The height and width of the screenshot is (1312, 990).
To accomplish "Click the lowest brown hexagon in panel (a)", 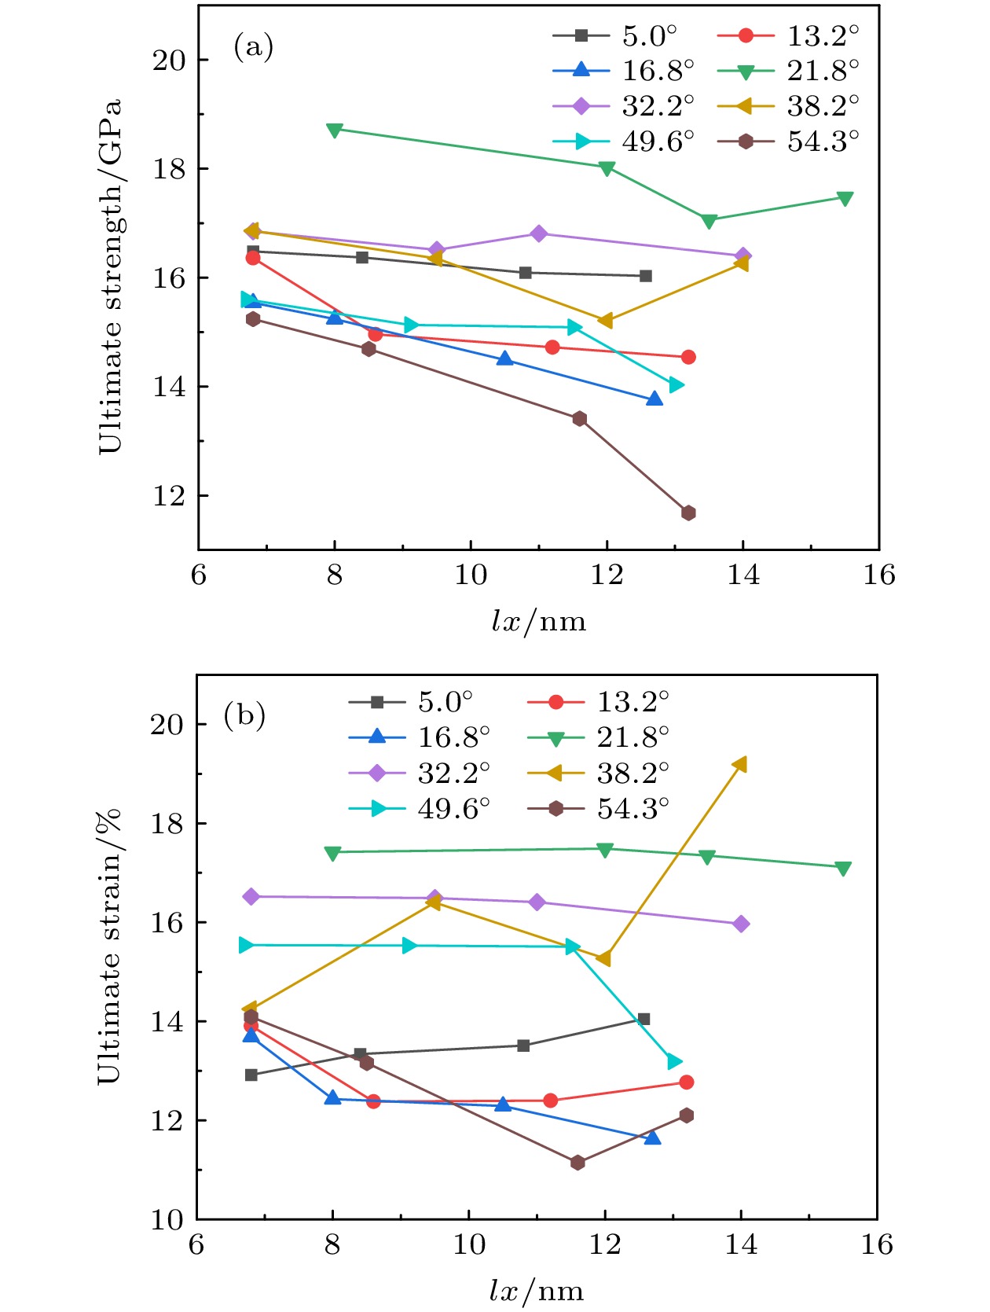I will [x=688, y=513].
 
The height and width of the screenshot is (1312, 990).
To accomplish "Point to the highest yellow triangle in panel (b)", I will [x=739, y=765].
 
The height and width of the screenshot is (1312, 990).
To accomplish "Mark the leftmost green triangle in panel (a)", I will [x=335, y=130].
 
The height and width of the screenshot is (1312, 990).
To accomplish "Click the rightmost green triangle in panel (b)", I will [x=843, y=869].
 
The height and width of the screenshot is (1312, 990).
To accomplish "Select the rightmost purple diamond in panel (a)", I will [x=742, y=256].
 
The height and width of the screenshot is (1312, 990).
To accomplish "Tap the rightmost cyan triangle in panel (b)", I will [x=674, y=1062].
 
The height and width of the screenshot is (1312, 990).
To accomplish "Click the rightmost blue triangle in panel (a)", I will [x=654, y=399].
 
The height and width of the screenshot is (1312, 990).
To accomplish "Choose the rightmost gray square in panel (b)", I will [x=643, y=1019].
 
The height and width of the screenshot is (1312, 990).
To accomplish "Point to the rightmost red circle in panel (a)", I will [x=688, y=357].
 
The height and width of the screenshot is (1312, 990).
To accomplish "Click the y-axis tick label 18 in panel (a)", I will [x=169, y=169].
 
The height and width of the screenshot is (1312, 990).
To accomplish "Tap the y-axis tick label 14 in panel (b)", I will [x=167, y=1021].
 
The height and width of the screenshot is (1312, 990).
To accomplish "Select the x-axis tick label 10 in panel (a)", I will [x=471, y=575].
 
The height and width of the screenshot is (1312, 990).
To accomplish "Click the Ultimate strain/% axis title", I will [x=109, y=946].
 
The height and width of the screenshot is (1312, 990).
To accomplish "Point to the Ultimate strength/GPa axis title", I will [x=111, y=277].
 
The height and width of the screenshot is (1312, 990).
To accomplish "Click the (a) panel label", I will [x=253, y=47].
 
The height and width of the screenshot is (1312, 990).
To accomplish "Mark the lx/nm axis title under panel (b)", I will [x=537, y=1291].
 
